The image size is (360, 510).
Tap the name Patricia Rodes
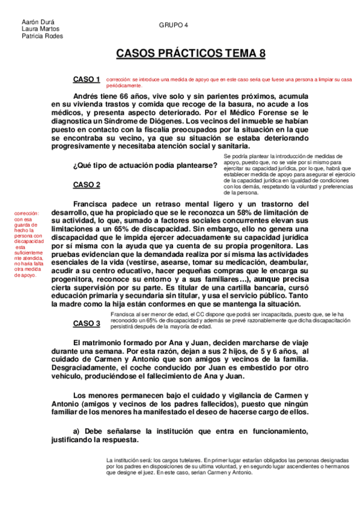(x=42, y=35)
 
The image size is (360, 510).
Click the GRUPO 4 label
(x=174, y=25)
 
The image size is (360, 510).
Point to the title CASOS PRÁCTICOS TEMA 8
(x=190, y=54)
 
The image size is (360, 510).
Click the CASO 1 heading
(x=87, y=79)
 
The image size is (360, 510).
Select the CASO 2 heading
(x=87, y=185)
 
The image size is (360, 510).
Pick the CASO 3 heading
(x=87, y=324)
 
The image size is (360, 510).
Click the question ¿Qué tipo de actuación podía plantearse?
(x=145, y=165)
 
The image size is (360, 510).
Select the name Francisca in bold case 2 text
(x=93, y=204)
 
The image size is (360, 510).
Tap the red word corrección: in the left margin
(x=28, y=213)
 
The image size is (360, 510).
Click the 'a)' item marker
(x=76, y=431)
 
